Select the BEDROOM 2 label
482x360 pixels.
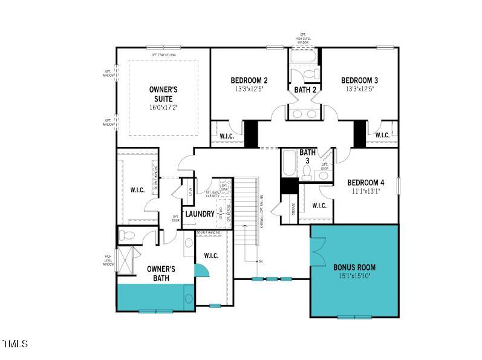click(x=249, y=80)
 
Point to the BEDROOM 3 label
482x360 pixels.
click(x=359, y=80)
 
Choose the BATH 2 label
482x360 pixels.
click(x=305, y=90)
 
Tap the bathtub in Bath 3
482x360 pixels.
click(x=288, y=163)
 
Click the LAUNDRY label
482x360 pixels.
click(x=200, y=214)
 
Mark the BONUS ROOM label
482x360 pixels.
click(x=354, y=267)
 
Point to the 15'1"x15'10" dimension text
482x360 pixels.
click(x=354, y=276)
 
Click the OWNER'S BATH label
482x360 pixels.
click(x=161, y=273)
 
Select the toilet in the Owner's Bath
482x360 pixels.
click(x=129, y=235)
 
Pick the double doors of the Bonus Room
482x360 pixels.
click(x=318, y=246)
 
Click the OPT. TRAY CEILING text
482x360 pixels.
click(x=164, y=55)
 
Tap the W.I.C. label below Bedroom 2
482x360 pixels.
click(x=227, y=136)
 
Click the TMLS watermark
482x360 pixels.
click(x=15, y=344)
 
